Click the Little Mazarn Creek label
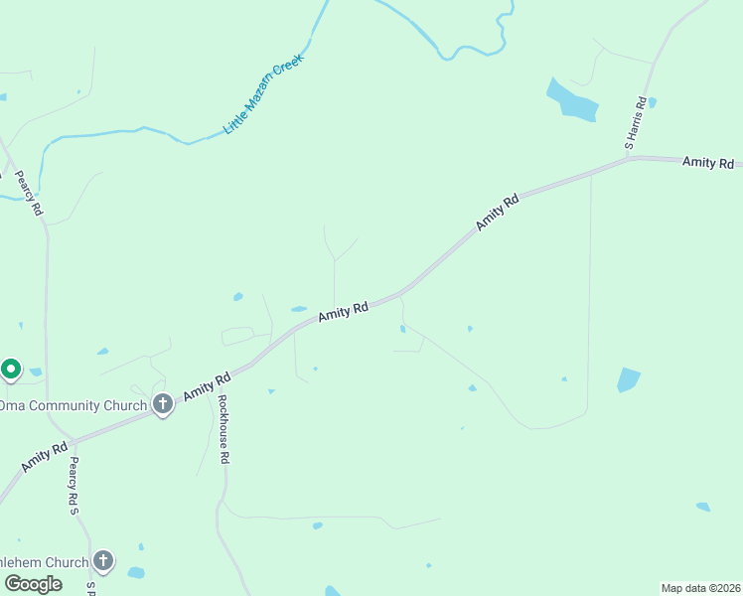(x=263, y=94)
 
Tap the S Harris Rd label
(x=636, y=123)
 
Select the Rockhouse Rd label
(x=223, y=430)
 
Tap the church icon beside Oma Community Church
(x=163, y=404)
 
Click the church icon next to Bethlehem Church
(x=103, y=561)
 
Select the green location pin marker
(x=11, y=370)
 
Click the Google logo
(x=32, y=584)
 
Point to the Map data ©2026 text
(x=700, y=588)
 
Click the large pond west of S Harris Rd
(x=571, y=99)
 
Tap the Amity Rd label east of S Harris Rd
(x=707, y=162)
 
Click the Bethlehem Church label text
(x=44, y=561)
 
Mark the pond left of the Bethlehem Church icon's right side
(x=136, y=572)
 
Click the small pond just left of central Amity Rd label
(x=298, y=309)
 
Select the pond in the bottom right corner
(x=703, y=507)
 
